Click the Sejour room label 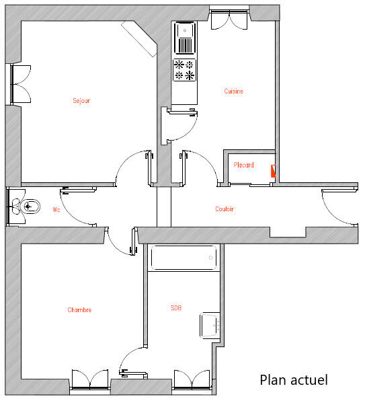click(x=81, y=101)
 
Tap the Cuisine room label click(x=233, y=91)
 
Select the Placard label click(x=243, y=165)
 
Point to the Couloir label click(x=225, y=209)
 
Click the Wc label click(x=56, y=209)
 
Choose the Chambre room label click(x=79, y=309)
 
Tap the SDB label click(x=176, y=308)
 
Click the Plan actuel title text click(x=294, y=380)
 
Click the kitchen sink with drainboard click(x=185, y=38)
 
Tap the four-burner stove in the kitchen click(x=184, y=70)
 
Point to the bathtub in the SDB click(x=184, y=258)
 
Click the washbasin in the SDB click(x=210, y=325)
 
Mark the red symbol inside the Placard click(x=273, y=171)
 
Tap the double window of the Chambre click(x=90, y=379)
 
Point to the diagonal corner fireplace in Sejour click(x=139, y=38)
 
